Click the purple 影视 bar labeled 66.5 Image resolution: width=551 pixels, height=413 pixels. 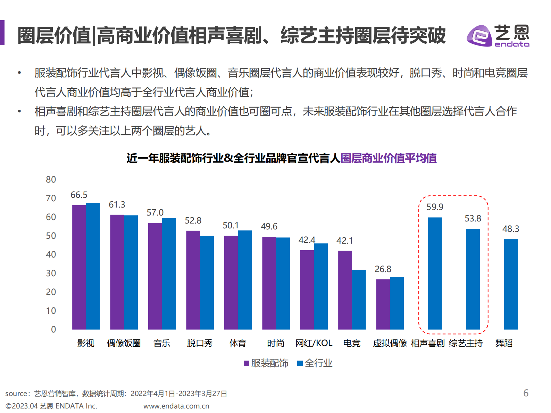click(x=79, y=267)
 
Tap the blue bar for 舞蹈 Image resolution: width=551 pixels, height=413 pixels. click(x=511, y=284)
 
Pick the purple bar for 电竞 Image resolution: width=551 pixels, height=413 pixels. click(x=345, y=290)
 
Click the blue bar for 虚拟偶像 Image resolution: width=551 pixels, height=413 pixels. click(x=397, y=303)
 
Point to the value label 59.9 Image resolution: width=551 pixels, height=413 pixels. click(x=435, y=207)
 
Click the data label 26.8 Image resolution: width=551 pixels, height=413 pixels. click(x=383, y=269)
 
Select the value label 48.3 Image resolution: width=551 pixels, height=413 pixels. click(x=511, y=229)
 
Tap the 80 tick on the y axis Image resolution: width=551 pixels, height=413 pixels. click(x=51, y=180)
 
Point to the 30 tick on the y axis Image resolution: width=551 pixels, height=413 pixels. click(x=51, y=273)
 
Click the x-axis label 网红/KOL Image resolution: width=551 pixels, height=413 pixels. click(x=314, y=343)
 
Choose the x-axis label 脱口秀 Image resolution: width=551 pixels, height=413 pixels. click(x=200, y=343)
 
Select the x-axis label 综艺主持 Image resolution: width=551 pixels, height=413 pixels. click(x=466, y=343)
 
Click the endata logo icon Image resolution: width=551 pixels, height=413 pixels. click(x=479, y=36)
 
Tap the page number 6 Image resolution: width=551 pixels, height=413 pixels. click(x=526, y=393)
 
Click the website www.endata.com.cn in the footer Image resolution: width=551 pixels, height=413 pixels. click(x=176, y=406)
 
